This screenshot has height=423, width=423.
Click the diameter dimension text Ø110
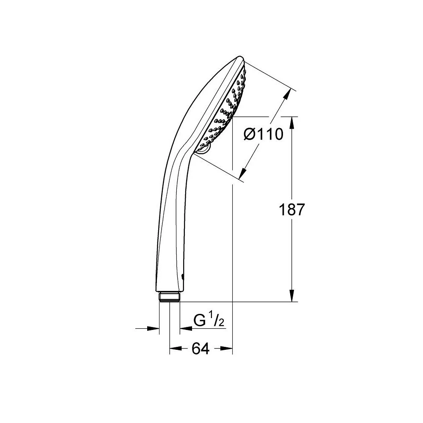point(263,135)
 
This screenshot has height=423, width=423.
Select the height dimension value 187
point(292,210)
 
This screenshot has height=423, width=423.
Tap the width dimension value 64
point(201,349)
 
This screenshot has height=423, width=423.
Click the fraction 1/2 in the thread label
point(217,321)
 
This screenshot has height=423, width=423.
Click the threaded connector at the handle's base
point(170,296)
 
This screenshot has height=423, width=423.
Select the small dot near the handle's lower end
point(182,277)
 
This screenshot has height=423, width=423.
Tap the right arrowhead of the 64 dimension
point(229,349)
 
